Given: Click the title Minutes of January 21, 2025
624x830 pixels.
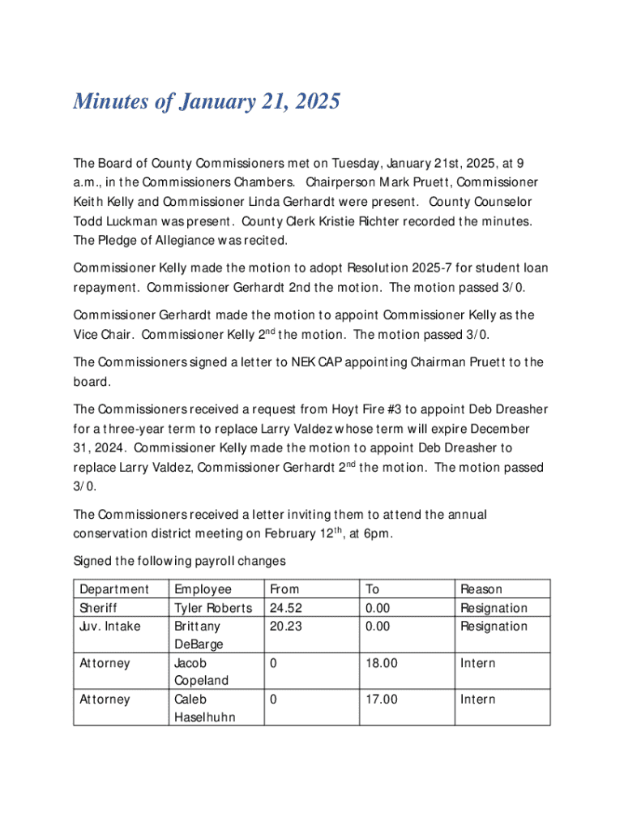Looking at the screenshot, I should pyautogui.click(x=206, y=103).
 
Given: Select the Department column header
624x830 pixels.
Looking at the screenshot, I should pyautogui.click(x=113, y=589).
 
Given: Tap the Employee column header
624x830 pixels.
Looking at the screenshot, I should pyautogui.click(x=203, y=589).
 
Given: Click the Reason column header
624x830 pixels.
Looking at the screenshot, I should pyautogui.click(x=481, y=589).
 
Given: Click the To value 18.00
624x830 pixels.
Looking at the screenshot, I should pyautogui.click(x=382, y=663).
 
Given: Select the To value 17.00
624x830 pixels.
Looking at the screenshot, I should pyautogui.click(x=382, y=699).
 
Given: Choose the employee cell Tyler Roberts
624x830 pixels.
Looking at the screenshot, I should pyautogui.click(x=213, y=608).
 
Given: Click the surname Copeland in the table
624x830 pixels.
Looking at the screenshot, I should pyautogui.click(x=202, y=681).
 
